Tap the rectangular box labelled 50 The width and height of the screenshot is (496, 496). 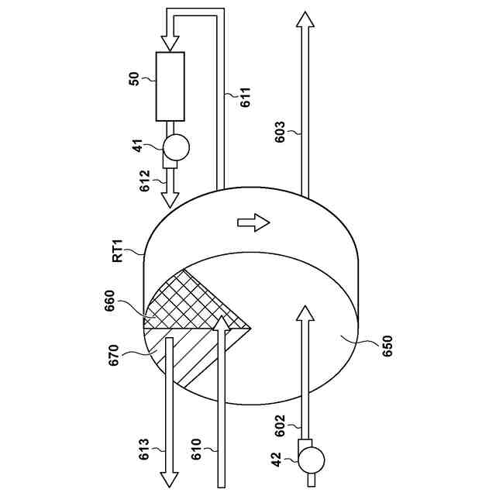170,86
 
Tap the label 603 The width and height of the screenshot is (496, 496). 281,134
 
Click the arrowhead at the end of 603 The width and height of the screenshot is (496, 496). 305,20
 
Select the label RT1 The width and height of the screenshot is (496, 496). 118,251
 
